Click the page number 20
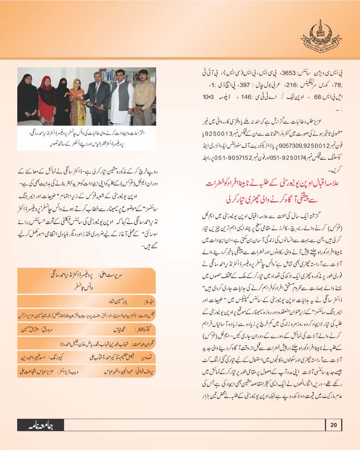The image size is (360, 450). click(x=333, y=424)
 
